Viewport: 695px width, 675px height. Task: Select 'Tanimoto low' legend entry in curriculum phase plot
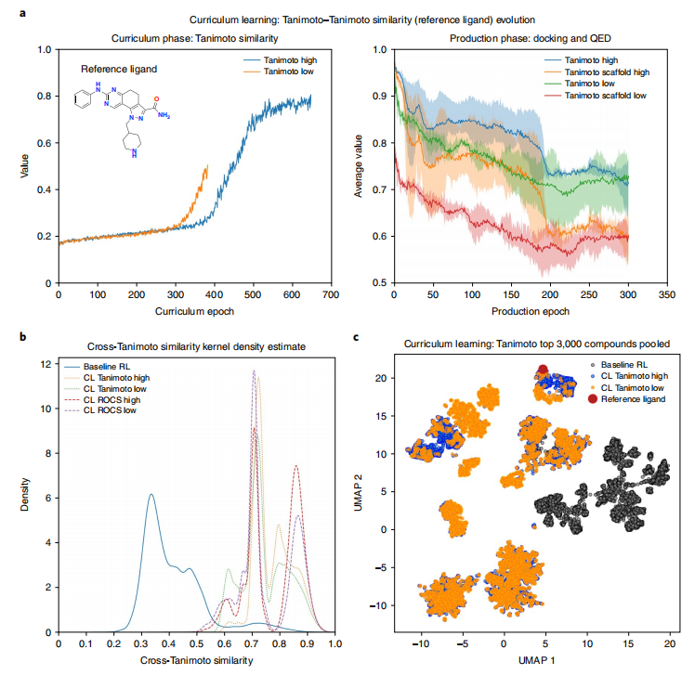[x=295, y=71]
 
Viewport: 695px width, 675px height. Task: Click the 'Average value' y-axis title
[x=358, y=167]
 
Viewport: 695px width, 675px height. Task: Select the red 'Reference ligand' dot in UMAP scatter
[x=543, y=369]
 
